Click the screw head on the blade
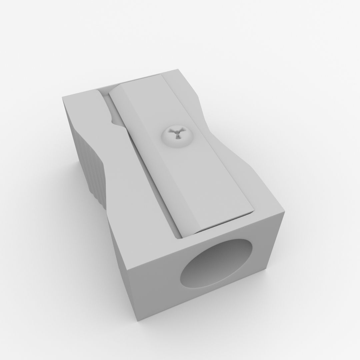(176, 136)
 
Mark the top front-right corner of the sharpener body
(284, 213)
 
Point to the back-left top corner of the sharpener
(62, 98)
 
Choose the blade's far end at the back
(137, 82)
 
